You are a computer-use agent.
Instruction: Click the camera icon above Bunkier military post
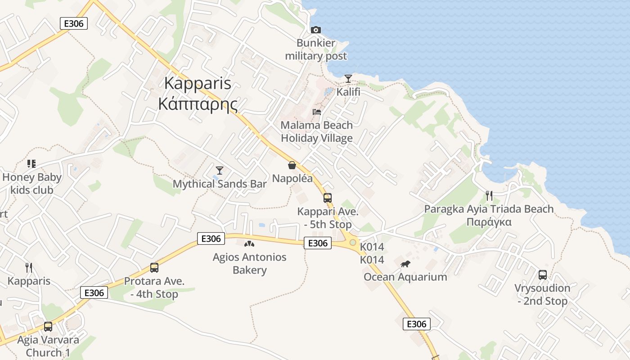[316, 30]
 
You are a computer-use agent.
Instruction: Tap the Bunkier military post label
[316, 49]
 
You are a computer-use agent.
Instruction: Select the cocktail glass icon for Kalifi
[348, 79]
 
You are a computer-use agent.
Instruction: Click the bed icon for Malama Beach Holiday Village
[317, 112]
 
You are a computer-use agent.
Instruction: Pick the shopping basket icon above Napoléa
[292, 165]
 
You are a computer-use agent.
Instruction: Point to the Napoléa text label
[292, 178]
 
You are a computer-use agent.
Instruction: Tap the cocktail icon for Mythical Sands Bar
[220, 170]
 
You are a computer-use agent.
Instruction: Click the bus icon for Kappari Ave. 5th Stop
[328, 198]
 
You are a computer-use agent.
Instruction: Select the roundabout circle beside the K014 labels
[353, 243]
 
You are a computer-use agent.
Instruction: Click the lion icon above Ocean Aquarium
[405, 264]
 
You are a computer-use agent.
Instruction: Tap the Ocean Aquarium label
[405, 277]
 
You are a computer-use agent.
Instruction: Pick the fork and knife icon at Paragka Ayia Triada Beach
[489, 195]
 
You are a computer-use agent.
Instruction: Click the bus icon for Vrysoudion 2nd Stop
[543, 274]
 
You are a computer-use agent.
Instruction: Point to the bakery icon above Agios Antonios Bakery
[249, 244]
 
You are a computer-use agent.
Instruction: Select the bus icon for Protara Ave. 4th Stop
[154, 268]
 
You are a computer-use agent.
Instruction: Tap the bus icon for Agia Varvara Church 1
[48, 326]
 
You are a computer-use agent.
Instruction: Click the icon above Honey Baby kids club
[31, 163]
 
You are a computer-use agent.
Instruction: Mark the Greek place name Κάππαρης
[198, 104]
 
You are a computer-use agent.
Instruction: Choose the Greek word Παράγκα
[489, 222]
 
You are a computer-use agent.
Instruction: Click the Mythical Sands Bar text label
[220, 184]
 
